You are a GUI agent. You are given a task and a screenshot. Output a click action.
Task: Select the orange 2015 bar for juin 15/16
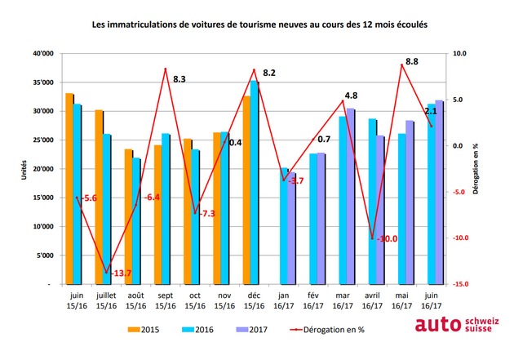pos(69,189)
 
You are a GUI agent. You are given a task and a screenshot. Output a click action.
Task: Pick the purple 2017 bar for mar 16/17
pos(351,196)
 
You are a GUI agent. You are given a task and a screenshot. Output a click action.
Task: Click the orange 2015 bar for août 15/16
pos(128,216)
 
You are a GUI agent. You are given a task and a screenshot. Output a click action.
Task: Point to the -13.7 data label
pos(120,272)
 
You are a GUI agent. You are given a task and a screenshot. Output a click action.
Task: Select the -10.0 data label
pos(385,238)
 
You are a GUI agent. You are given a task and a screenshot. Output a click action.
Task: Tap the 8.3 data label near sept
pos(180,79)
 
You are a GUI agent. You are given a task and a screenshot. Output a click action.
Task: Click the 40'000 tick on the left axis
pos(42,54)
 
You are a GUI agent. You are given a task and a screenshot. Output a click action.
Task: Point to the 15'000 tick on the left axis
pos(42,198)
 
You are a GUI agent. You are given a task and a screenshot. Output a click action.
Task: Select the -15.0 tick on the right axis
pos(462,284)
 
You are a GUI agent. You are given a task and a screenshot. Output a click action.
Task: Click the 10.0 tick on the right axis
pos(461,54)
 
